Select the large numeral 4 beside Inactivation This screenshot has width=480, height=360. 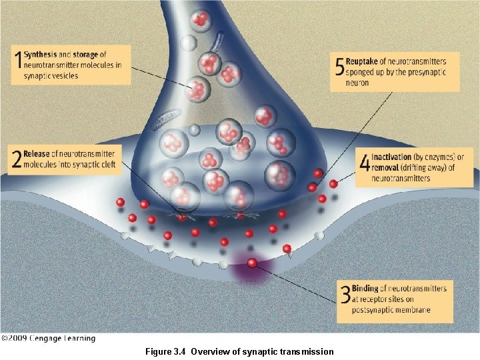point(364,163)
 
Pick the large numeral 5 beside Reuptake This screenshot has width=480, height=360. point(339,67)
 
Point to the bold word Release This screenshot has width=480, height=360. point(37,154)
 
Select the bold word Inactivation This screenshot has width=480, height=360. point(394,157)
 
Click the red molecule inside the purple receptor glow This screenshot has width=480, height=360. point(252,263)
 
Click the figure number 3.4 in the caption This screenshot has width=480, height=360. point(180,351)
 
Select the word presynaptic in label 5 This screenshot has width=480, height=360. point(421,73)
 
